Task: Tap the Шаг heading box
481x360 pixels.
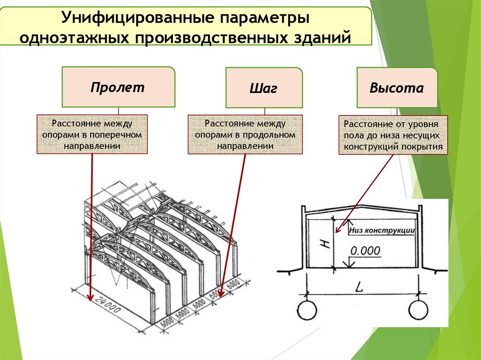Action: pyautogui.click(x=264, y=89)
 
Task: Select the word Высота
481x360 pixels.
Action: pyautogui.click(x=396, y=88)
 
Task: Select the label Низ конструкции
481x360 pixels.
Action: pyautogui.click(x=381, y=230)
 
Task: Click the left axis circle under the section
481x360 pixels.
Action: pyautogui.click(x=307, y=310)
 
